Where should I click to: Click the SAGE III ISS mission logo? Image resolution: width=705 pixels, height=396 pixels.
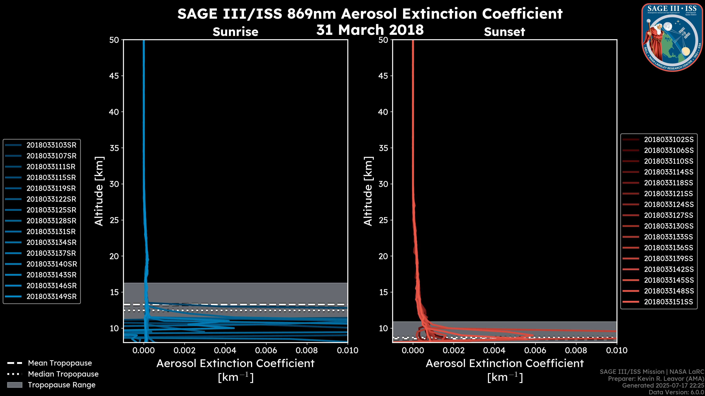(672, 37)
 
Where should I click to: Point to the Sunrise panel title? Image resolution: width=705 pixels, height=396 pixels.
(235, 32)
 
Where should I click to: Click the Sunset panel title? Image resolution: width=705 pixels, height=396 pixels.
(504, 32)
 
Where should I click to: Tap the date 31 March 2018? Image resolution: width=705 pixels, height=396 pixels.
(370, 30)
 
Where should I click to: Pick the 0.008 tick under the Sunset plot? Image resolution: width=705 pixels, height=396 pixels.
(576, 350)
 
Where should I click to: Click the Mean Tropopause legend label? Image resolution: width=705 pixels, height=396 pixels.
(60, 363)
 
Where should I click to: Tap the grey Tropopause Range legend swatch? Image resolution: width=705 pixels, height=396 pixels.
(15, 385)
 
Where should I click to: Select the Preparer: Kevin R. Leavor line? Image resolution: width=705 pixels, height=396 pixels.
(656, 379)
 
